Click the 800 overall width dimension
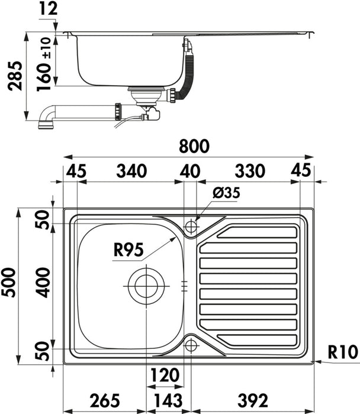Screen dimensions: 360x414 click(194, 146)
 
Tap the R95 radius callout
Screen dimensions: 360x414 click(128, 250)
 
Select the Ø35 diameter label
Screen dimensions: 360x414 click(226, 192)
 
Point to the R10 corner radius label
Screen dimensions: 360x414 click(343, 352)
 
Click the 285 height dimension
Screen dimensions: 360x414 click(15, 76)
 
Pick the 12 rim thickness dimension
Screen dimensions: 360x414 click(49, 9)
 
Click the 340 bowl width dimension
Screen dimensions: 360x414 click(131, 171)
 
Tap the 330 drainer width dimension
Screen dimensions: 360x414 click(250, 171)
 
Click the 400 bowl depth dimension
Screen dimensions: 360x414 click(43, 283)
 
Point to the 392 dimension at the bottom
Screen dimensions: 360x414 click(253, 400)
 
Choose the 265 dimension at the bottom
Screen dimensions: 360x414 click(105, 400)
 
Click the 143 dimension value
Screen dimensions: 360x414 click(168, 400)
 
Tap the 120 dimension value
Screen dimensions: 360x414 click(165, 375)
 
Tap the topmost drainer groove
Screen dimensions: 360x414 click(257, 232)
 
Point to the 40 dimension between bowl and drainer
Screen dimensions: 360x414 click(190, 171)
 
